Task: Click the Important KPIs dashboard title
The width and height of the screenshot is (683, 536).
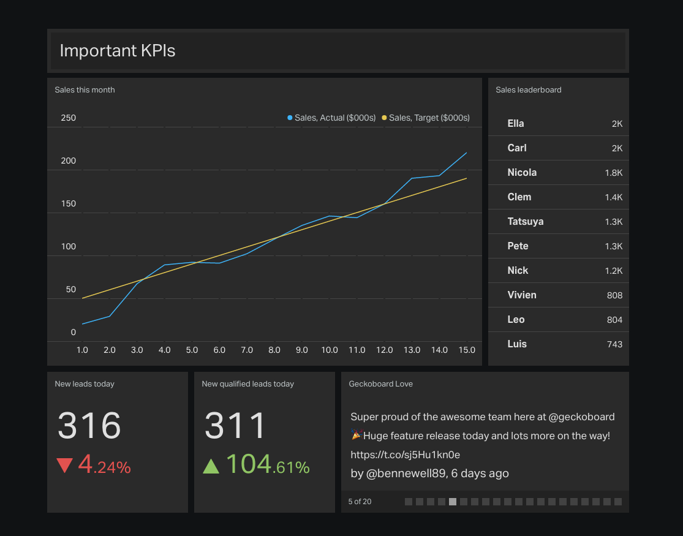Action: point(118,51)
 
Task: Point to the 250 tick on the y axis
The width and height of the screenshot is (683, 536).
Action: point(69,118)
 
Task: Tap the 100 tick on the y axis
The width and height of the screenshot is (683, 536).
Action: point(69,246)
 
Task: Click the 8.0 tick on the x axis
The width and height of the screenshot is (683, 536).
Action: point(274,350)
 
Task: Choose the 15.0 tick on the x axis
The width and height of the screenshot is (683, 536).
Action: point(467,350)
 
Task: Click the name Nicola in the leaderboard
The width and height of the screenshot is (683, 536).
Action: point(522,173)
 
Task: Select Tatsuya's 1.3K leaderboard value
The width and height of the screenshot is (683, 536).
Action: point(613,222)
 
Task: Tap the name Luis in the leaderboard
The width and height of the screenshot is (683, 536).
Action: point(517,344)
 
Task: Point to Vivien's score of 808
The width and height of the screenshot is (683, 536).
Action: point(614,295)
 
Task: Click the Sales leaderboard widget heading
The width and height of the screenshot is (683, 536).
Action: point(528,90)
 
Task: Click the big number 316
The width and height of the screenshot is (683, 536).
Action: point(89,425)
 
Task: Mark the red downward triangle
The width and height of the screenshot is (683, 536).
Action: point(65,466)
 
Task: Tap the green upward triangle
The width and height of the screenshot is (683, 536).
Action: point(211,466)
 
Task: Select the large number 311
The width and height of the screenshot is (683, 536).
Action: point(235,425)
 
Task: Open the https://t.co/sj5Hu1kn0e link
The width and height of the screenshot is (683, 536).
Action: point(405,455)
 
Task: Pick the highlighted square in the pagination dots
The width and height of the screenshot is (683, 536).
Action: point(453,502)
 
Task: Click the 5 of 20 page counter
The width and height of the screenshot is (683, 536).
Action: point(360,502)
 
